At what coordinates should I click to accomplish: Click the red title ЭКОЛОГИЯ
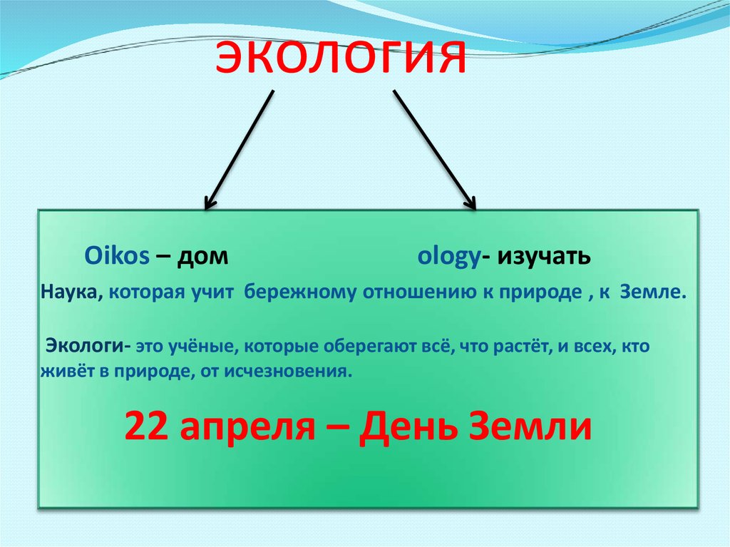point(341,58)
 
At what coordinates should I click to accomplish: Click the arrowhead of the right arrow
point(470,203)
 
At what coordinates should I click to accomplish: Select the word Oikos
point(116,257)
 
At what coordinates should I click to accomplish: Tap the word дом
point(206,257)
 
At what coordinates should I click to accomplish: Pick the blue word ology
point(448,257)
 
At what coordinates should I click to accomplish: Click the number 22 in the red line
point(146,427)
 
